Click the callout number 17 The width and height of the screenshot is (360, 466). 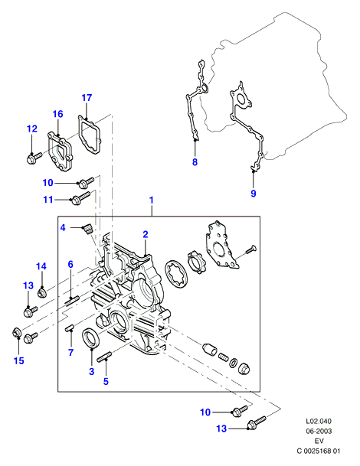point(87,98)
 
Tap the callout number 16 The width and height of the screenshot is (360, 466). point(58,114)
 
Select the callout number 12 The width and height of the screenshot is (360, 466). point(32,129)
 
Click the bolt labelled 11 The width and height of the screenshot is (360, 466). point(80,197)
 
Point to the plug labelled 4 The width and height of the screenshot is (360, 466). point(87,230)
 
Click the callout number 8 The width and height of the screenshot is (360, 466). point(195,162)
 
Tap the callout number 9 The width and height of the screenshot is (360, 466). point(254,194)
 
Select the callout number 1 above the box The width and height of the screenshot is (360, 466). point(152,200)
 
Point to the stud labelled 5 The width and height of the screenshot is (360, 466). point(104,357)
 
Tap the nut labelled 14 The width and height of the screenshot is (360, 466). point(41,293)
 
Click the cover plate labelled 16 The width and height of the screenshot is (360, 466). point(60,152)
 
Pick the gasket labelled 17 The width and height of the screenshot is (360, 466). point(89,135)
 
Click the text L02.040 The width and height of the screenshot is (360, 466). point(319,421)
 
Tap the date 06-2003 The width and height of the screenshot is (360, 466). point(319,432)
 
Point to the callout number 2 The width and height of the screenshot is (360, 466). point(146,235)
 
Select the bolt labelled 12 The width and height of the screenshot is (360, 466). point(34,158)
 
